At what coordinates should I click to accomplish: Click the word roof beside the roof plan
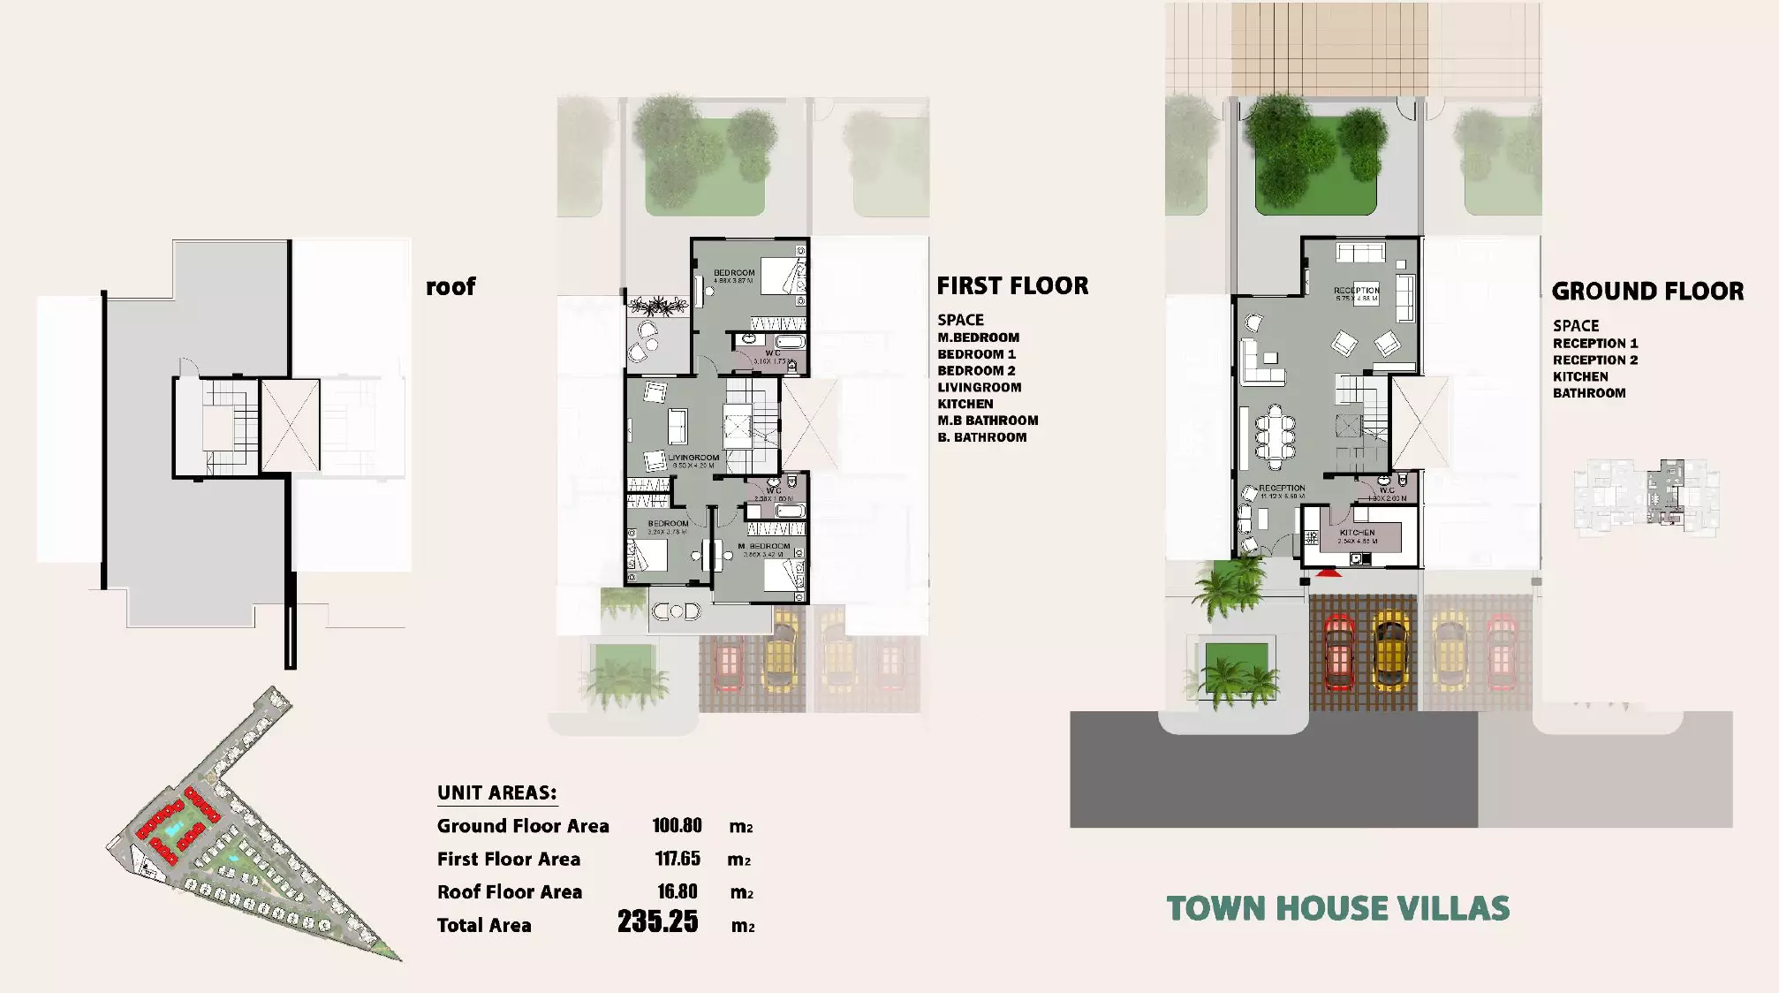(x=450, y=286)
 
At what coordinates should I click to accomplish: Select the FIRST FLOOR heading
(x=1012, y=286)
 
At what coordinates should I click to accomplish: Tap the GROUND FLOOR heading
(x=1647, y=292)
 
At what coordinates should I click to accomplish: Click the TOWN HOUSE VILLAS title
(x=1337, y=909)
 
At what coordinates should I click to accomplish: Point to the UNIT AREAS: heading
(x=496, y=792)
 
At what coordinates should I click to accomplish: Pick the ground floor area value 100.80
(x=677, y=826)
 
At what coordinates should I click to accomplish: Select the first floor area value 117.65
(x=678, y=859)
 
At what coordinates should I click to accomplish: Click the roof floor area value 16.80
(x=678, y=892)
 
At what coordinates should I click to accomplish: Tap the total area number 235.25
(x=658, y=922)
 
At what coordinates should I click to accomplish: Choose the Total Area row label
(x=484, y=926)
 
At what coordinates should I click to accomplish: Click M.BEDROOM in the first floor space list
(x=978, y=337)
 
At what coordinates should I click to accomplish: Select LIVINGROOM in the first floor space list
(x=979, y=388)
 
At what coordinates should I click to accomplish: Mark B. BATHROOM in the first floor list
(x=981, y=437)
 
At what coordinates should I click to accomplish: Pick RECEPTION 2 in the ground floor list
(x=1594, y=360)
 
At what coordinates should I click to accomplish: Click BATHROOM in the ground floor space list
(x=1588, y=393)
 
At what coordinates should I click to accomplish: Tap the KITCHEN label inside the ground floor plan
(x=1357, y=533)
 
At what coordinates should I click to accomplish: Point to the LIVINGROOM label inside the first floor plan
(x=693, y=458)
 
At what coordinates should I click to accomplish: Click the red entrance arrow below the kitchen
(x=1329, y=573)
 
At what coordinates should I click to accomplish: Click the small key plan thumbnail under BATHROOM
(x=1646, y=496)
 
